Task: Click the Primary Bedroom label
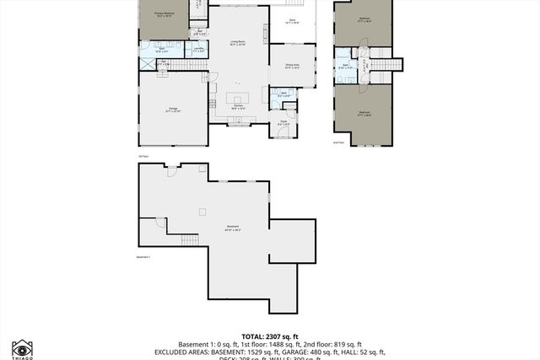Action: coord(164,14)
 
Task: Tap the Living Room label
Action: coord(237,41)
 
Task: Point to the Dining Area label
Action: coord(293,67)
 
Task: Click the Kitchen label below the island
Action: coord(239,107)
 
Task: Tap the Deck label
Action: coord(292,20)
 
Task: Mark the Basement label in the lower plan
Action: coord(232,228)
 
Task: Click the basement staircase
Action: coord(190,240)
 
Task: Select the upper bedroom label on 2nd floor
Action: coord(364,19)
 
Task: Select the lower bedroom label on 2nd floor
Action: coord(364,112)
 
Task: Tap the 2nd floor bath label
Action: coord(346,66)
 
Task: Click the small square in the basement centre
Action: coord(202,212)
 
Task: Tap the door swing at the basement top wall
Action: coord(171,171)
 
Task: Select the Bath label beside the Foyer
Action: coord(283,94)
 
